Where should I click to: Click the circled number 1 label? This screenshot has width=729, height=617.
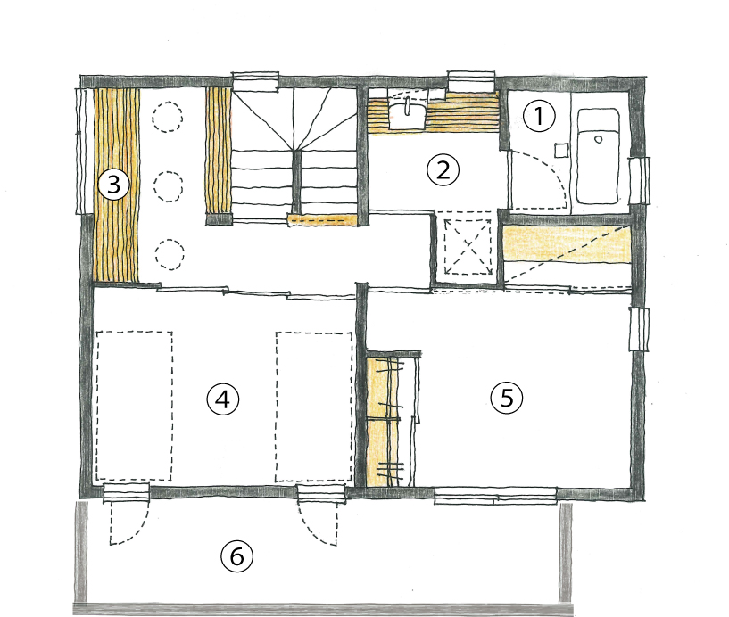click(539, 116)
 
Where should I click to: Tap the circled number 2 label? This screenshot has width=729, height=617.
click(443, 170)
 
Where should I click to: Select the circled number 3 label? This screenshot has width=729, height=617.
click(113, 184)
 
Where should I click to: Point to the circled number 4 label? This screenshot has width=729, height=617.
click(223, 399)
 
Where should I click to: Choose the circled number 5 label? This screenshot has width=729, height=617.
click(506, 399)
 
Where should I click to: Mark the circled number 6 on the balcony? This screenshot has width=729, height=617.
click(236, 556)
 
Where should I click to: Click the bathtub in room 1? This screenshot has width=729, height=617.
click(598, 156)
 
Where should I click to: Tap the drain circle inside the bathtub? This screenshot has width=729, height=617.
click(599, 139)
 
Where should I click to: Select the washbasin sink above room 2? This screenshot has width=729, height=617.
click(406, 114)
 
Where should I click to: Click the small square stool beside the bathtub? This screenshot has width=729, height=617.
click(562, 151)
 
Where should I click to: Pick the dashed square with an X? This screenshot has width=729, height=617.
click(468, 247)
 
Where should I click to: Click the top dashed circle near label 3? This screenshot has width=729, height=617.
click(168, 118)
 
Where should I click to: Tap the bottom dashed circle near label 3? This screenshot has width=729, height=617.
click(170, 255)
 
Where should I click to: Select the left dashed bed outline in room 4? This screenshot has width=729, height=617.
click(135, 406)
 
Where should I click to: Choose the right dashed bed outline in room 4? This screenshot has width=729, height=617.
click(314, 407)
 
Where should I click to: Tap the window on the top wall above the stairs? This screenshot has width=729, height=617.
click(255, 80)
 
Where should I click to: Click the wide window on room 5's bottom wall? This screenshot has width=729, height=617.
click(495, 496)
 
